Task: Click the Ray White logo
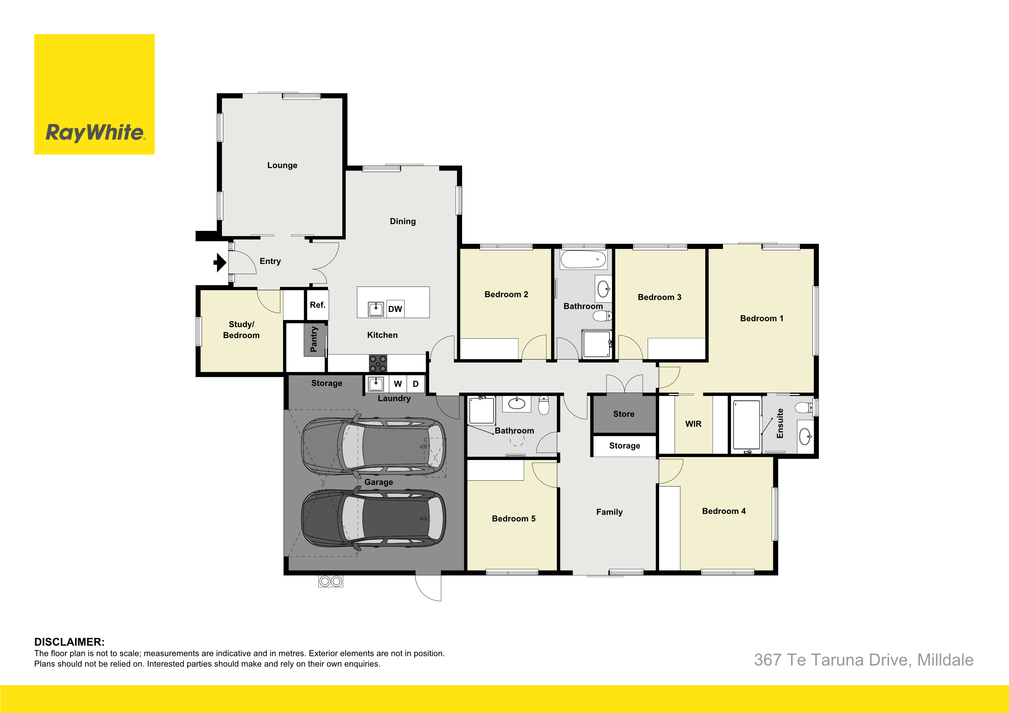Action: click(94, 95)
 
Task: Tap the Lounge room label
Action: click(282, 165)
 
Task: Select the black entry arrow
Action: click(220, 263)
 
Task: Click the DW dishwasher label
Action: click(395, 309)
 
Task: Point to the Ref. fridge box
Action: click(317, 305)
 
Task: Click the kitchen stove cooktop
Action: click(378, 364)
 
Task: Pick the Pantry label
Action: click(314, 339)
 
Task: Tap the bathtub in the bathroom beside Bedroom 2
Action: click(583, 260)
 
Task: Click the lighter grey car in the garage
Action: click(374, 446)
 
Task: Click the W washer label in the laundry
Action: click(398, 384)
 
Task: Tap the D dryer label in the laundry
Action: click(416, 384)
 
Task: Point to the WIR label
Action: click(693, 424)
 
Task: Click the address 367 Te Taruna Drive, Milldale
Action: click(863, 660)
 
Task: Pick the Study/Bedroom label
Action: click(241, 329)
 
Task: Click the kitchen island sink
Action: click(376, 309)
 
